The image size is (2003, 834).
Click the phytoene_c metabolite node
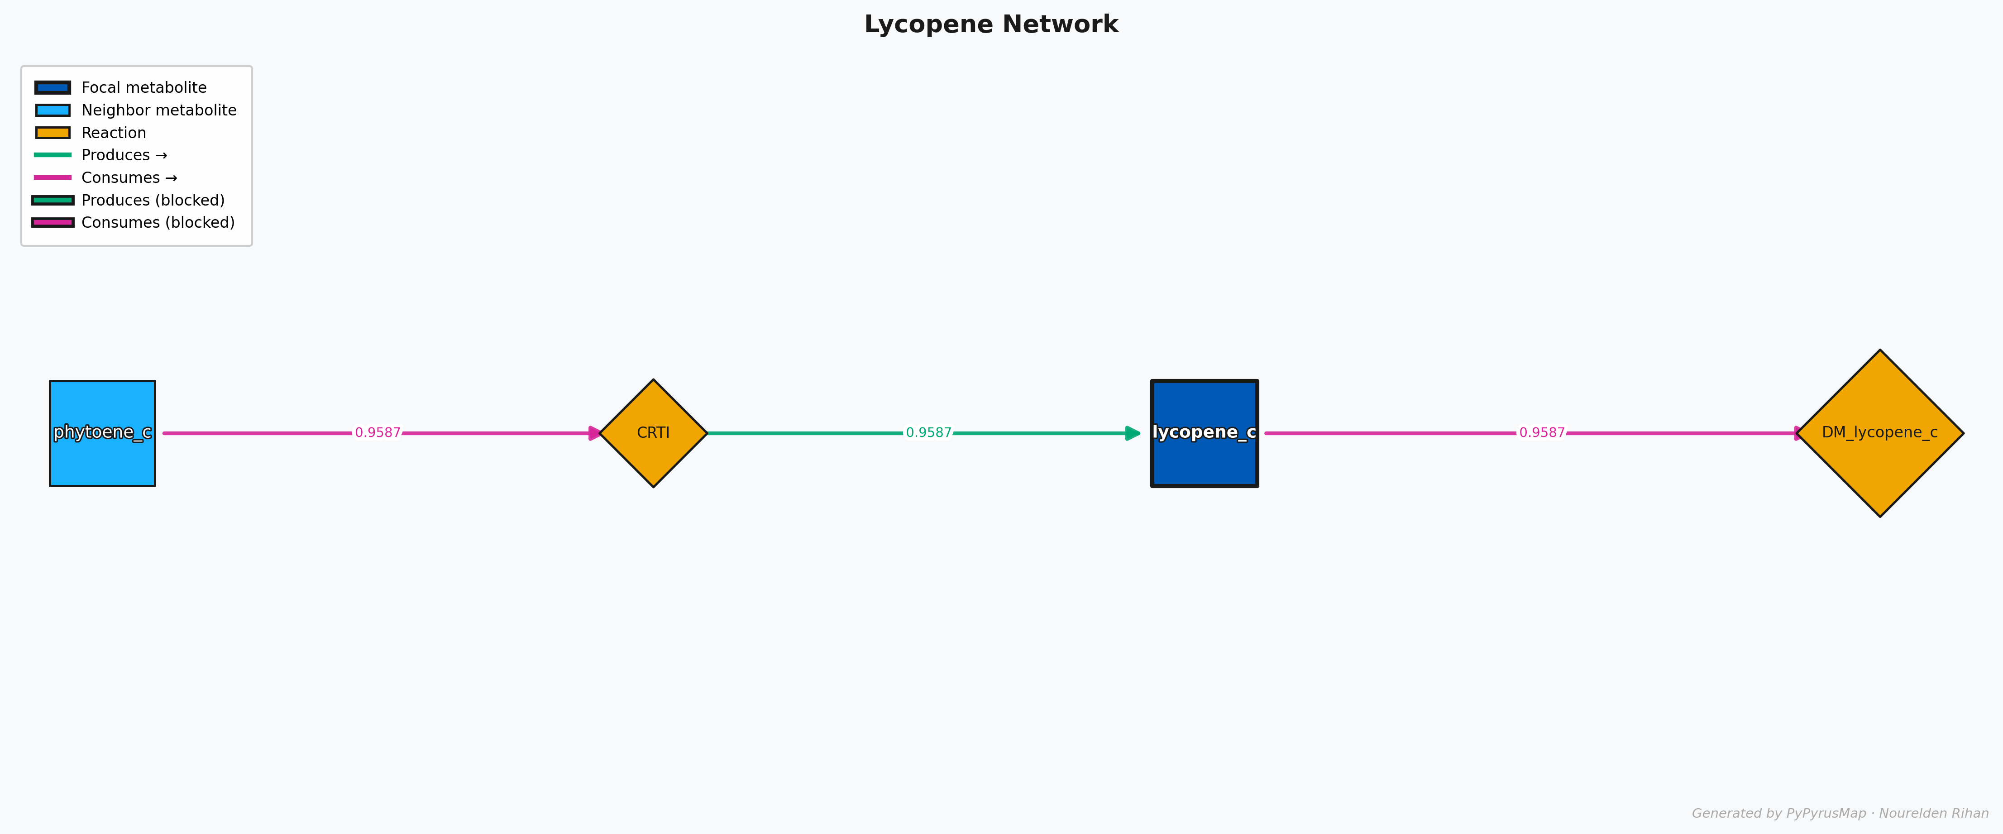[x=102, y=433]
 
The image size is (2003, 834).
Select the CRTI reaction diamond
[x=653, y=433]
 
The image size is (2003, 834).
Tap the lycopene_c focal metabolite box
[x=1204, y=433]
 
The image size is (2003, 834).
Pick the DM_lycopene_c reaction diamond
[x=1879, y=433]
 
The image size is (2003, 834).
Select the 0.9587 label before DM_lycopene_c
[x=1541, y=432]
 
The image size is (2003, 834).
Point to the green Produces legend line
[x=53, y=155]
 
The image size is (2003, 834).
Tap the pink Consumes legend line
[x=53, y=177]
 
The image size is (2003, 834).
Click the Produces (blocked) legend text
[x=153, y=200]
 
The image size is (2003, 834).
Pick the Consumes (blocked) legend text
[x=158, y=222]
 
